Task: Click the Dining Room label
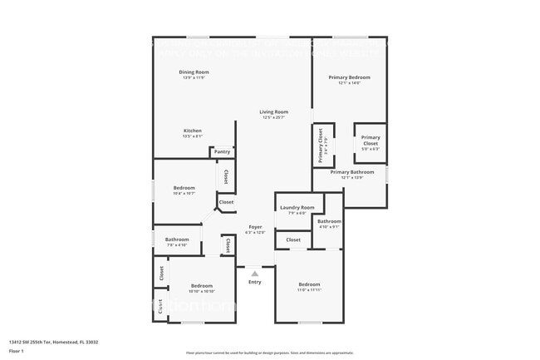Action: pyautogui.click(x=194, y=72)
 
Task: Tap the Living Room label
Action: pyautogui.click(x=273, y=111)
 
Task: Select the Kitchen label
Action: pyautogui.click(x=193, y=131)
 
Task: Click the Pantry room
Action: pyautogui.click(x=222, y=152)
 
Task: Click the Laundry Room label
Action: pyautogui.click(x=297, y=207)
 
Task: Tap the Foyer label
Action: pyautogui.click(x=255, y=227)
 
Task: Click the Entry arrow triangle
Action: pyautogui.click(x=255, y=273)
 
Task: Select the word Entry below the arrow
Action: pyautogui.click(x=255, y=282)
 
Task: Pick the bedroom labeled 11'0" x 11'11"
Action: pyautogui.click(x=309, y=285)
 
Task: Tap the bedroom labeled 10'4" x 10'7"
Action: pyautogui.click(x=184, y=189)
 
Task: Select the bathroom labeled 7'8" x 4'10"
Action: pyautogui.click(x=177, y=240)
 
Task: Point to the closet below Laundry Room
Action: pyautogui.click(x=293, y=240)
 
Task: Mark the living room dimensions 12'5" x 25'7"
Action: pyautogui.click(x=273, y=117)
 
